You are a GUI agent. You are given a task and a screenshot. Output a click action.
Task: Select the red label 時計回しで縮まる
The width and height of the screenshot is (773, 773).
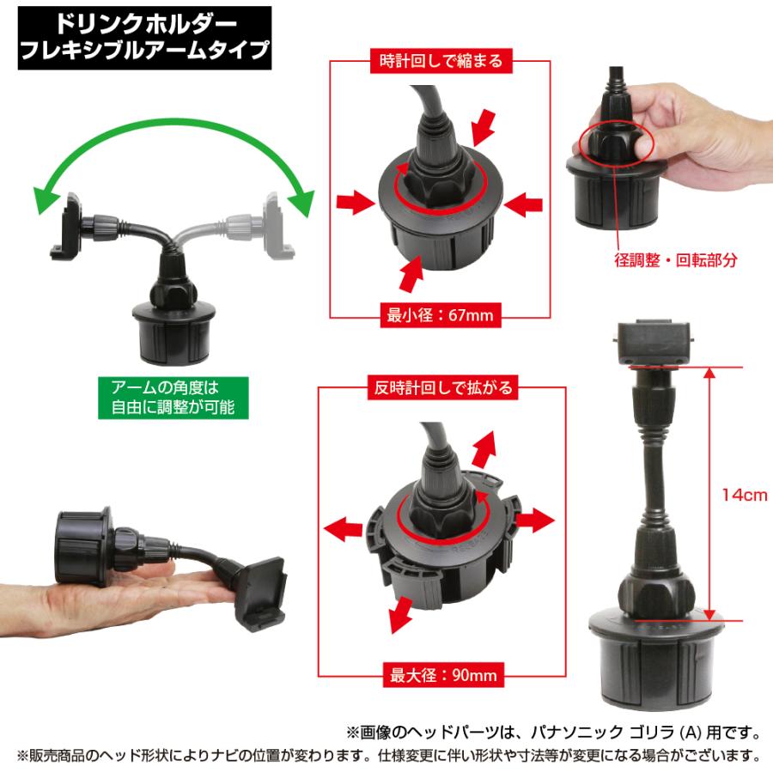click(440, 61)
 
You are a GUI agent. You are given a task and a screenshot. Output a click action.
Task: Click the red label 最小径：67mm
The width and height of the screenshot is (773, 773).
click(440, 315)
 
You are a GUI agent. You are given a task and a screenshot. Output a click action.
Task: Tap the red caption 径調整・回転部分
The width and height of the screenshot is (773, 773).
click(675, 260)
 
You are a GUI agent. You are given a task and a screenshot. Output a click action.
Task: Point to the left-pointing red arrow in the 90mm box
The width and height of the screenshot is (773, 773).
click(342, 526)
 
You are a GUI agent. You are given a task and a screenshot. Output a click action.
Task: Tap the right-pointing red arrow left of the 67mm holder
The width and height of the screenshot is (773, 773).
click(351, 203)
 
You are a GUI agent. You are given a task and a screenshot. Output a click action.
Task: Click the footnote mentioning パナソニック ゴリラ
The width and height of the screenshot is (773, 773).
click(553, 733)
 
